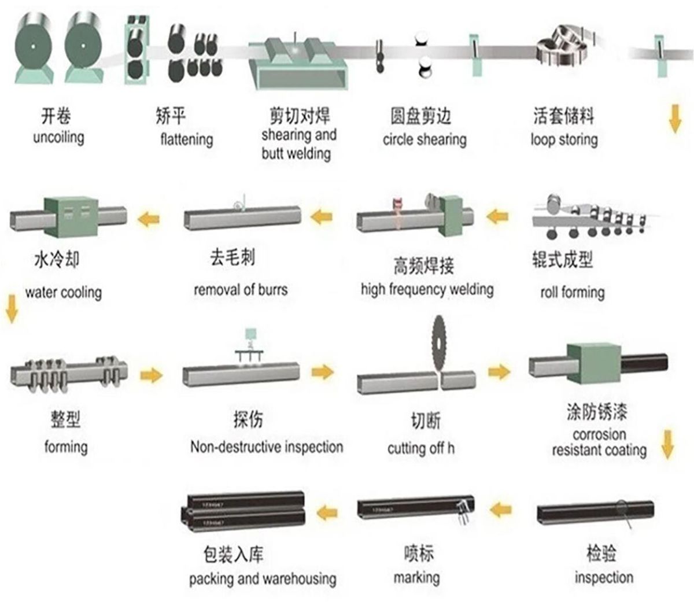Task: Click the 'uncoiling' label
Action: (x=58, y=138)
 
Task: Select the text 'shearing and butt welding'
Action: (x=298, y=144)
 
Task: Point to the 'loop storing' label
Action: (x=564, y=139)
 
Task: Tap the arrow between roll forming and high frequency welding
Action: (x=497, y=217)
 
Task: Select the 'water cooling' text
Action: (x=63, y=292)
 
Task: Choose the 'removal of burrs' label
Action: (x=240, y=289)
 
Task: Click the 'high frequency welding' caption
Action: (x=427, y=289)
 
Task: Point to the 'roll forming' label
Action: (x=572, y=292)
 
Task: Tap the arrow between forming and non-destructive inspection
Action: (x=152, y=375)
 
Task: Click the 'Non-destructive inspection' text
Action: (x=267, y=447)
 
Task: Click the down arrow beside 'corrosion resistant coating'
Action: (x=668, y=444)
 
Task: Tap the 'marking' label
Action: (x=416, y=577)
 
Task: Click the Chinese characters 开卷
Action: (x=56, y=116)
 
